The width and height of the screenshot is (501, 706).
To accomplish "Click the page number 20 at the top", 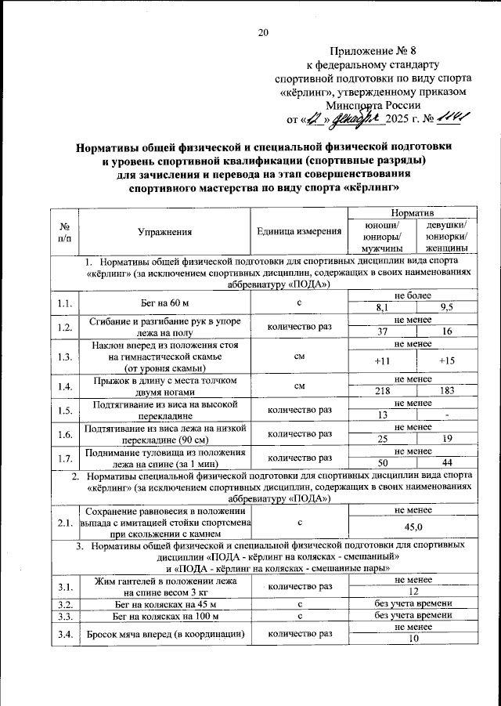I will pyautogui.click(x=263, y=32).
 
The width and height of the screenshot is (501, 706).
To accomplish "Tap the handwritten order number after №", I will pyautogui.click(x=452, y=118).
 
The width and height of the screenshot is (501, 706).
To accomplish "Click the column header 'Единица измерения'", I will pyautogui.click(x=299, y=231).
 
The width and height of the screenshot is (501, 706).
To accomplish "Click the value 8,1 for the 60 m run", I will pyautogui.click(x=381, y=308).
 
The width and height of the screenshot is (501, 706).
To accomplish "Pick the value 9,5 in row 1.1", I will pyautogui.click(x=447, y=308).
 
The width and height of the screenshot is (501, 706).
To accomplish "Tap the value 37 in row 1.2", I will pyautogui.click(x=381, y=332).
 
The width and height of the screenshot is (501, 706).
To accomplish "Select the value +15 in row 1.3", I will pyautogui.click(x=447, y=361).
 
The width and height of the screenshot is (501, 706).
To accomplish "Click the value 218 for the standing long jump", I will pyautogui.click(x=381, y=391).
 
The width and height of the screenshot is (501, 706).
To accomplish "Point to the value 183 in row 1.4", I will pyautogui.click(x=447, y=391).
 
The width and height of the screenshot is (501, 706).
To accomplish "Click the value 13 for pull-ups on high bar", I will pyautogui.click(x=381, y=415).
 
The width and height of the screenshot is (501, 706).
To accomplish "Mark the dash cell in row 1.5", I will pyautogui.click(x=447, y=415).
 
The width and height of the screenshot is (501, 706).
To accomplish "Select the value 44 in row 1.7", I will pyautogui.click(x=447, y=463).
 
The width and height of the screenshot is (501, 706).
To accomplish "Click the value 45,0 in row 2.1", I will pyautogui.click(x=413, y=527).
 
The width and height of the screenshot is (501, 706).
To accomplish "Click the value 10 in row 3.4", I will pyautogui.click(x=413, y=639).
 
